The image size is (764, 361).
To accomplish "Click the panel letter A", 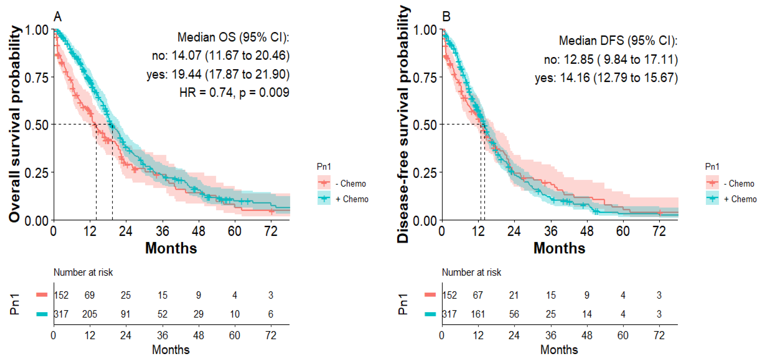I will (58, 17).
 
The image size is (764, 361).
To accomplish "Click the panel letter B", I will (446, 17).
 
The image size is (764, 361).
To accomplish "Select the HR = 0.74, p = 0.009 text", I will (234, 93).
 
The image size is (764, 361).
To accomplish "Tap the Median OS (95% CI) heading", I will (233, 37).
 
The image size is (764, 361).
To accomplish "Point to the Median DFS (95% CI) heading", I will (618, 40).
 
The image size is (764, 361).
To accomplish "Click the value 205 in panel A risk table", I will (90, 314).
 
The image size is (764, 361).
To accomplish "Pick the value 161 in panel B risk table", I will (478, 314).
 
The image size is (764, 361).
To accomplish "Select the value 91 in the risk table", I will (125, 314).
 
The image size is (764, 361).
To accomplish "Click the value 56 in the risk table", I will (514, 314).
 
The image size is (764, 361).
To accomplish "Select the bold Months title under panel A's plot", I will (171, 248).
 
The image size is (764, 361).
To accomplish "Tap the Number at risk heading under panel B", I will (471, 272).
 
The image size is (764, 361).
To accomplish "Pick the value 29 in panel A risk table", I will (198, 314).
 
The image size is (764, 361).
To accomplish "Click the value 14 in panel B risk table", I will (587, 314).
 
